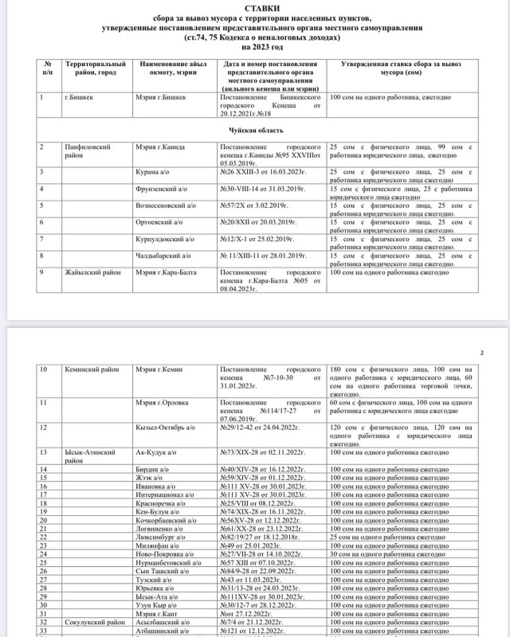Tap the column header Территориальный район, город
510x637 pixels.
(95, 67)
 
